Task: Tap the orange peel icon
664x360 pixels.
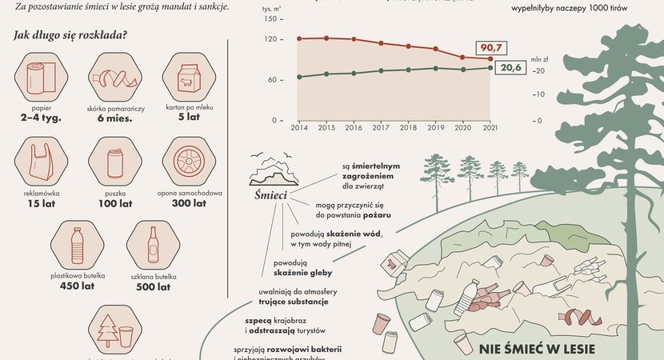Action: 113,78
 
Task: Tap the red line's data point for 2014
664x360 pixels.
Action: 298,38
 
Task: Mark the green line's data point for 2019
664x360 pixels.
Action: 435,68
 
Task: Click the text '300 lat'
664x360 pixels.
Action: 188,203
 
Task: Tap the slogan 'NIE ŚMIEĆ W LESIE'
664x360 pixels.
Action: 545,350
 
